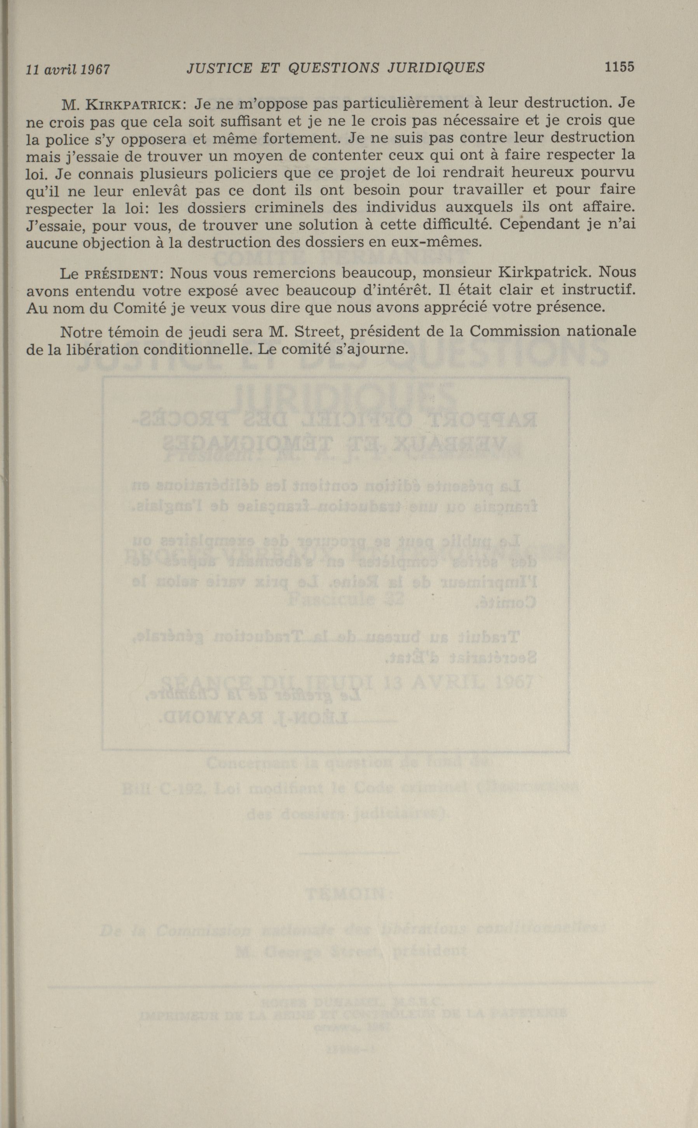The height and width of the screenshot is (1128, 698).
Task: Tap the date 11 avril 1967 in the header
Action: pos(68,70)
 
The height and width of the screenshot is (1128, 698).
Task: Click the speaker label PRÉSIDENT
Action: pos(122,274)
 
